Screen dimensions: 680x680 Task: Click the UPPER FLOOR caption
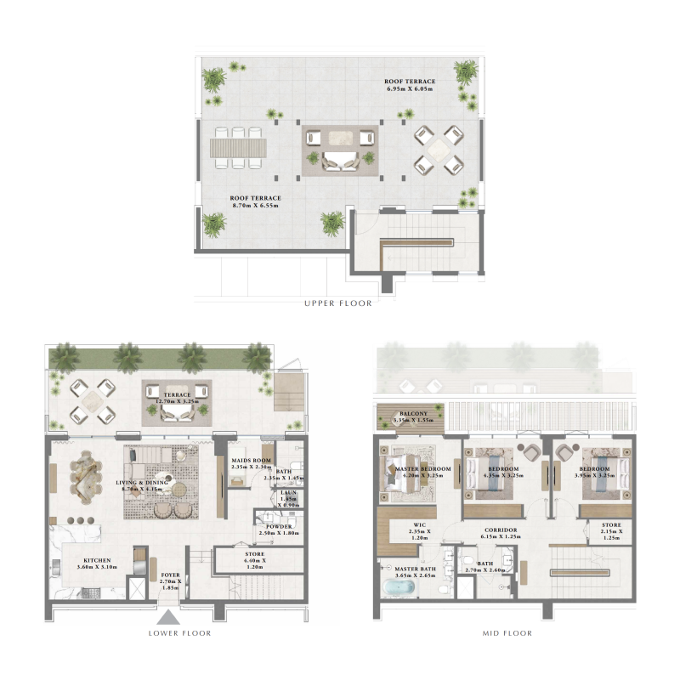click(x=337, y=303)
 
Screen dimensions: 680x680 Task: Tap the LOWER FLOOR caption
click(x=179, y=632)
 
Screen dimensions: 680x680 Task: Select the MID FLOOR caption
click(x=507, y=632)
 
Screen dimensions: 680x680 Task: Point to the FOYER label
click(x=171, y=575)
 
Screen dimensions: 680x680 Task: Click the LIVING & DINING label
click(x=143, y=482)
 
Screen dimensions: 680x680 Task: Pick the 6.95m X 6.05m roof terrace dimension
click(x=408, y=88)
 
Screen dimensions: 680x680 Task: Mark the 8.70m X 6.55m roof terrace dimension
click(x=255, y=203)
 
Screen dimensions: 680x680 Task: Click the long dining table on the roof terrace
click(x=239, y=148)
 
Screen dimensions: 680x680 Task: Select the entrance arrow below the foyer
click(x=169, y=618)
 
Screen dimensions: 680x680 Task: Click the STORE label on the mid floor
click(x=611, y=525)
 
